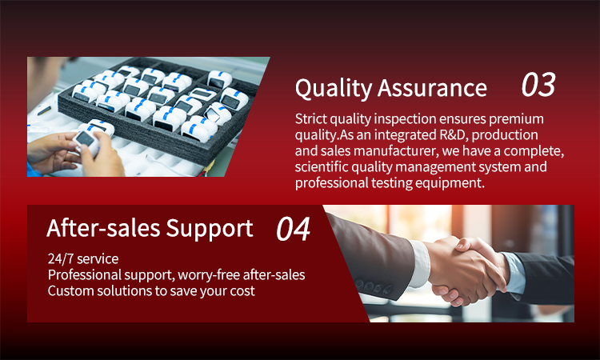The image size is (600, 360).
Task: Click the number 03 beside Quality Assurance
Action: coord(538,85)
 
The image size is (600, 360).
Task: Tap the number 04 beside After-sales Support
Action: coord(293,229)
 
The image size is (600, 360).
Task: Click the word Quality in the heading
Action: coord(333,88)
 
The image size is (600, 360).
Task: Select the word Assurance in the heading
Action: coord(432,88)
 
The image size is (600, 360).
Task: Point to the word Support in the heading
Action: coord(210,229)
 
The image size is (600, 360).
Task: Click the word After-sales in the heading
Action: coord(103,228)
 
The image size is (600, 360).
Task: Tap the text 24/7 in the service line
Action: coord(61,259)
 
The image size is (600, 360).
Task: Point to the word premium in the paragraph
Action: coord(516,119)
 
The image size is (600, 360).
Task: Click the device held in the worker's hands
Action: coord(86,141)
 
